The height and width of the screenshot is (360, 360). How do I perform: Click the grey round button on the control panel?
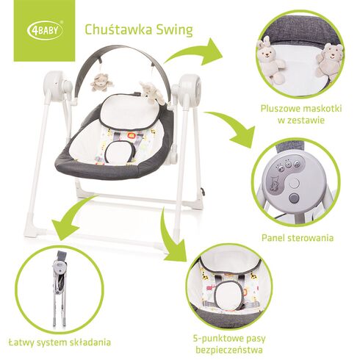295,198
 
